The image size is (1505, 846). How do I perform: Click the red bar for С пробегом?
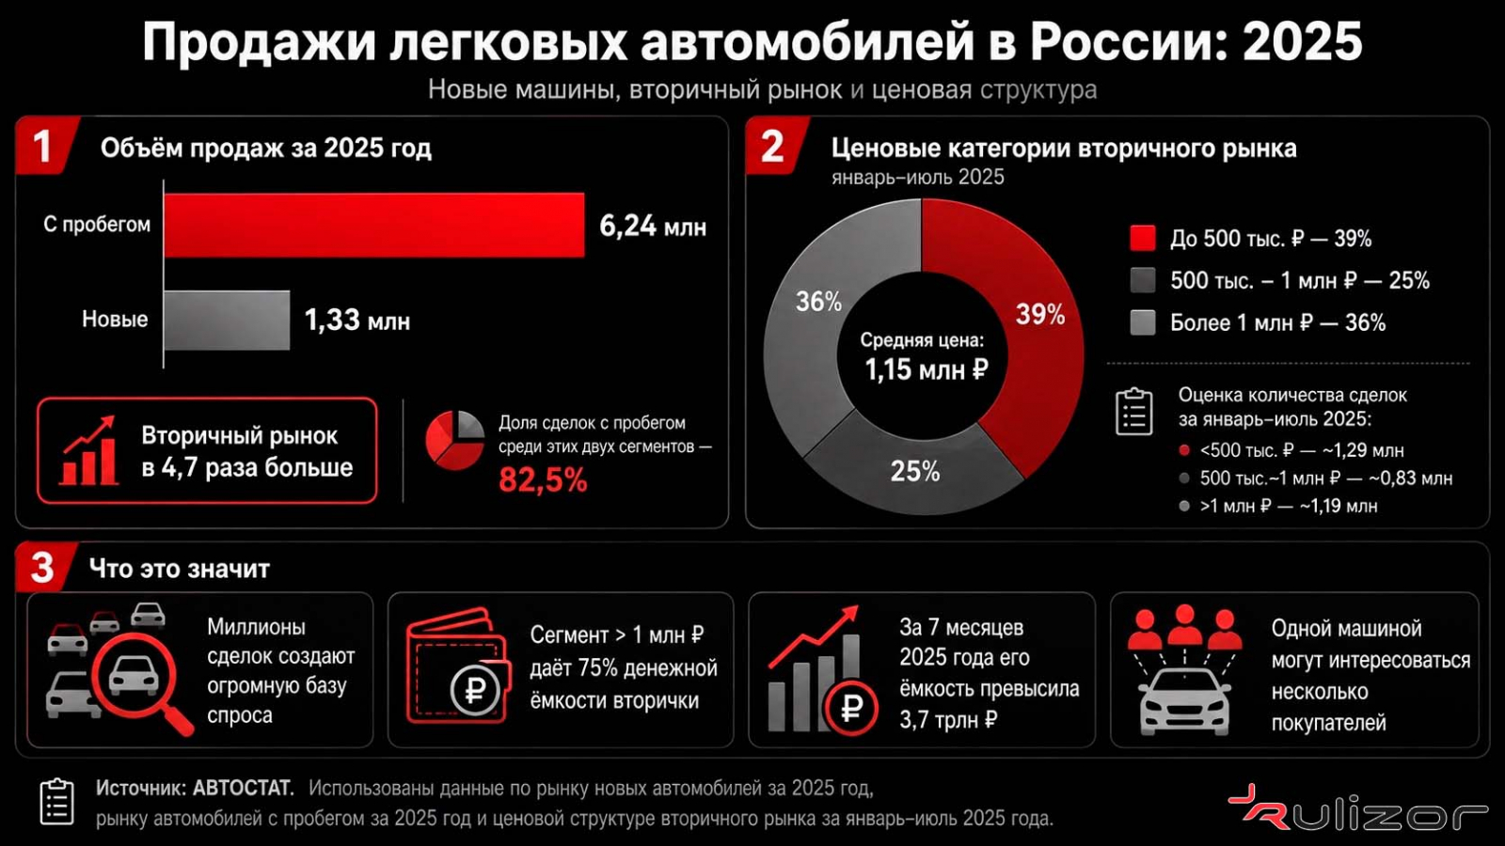pyautogui.click(x=374, y=225)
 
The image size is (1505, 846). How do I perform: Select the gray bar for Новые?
pyautogui.click(x=227, y=321)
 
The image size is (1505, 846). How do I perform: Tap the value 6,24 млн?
pyautogui.click(x=653, y=227)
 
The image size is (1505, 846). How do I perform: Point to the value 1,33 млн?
pyautogui.click(x=356, y=321)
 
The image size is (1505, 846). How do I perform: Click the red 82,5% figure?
pyautogui.click(x=543, y=480)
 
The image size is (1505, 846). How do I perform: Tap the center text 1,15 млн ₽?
pyautogui.click(x=926, y=370)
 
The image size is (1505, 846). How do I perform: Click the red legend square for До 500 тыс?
pyautogui.click(x=1142, y=239)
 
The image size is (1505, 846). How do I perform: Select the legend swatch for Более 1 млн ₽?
pyautogui.click(x=1142, y=322)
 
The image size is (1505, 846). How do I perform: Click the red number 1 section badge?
pyautogui.click(x=46, y=146)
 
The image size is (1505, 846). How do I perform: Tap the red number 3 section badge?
pyautogui.click(x=44, y=568)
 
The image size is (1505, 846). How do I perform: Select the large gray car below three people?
pyautogui.click(x=1184, y=701)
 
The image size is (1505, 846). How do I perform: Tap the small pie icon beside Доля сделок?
pyautogui.click(x=455, y=441)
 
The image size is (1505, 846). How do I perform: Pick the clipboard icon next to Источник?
pyautogui.click(x=57, y=802)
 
